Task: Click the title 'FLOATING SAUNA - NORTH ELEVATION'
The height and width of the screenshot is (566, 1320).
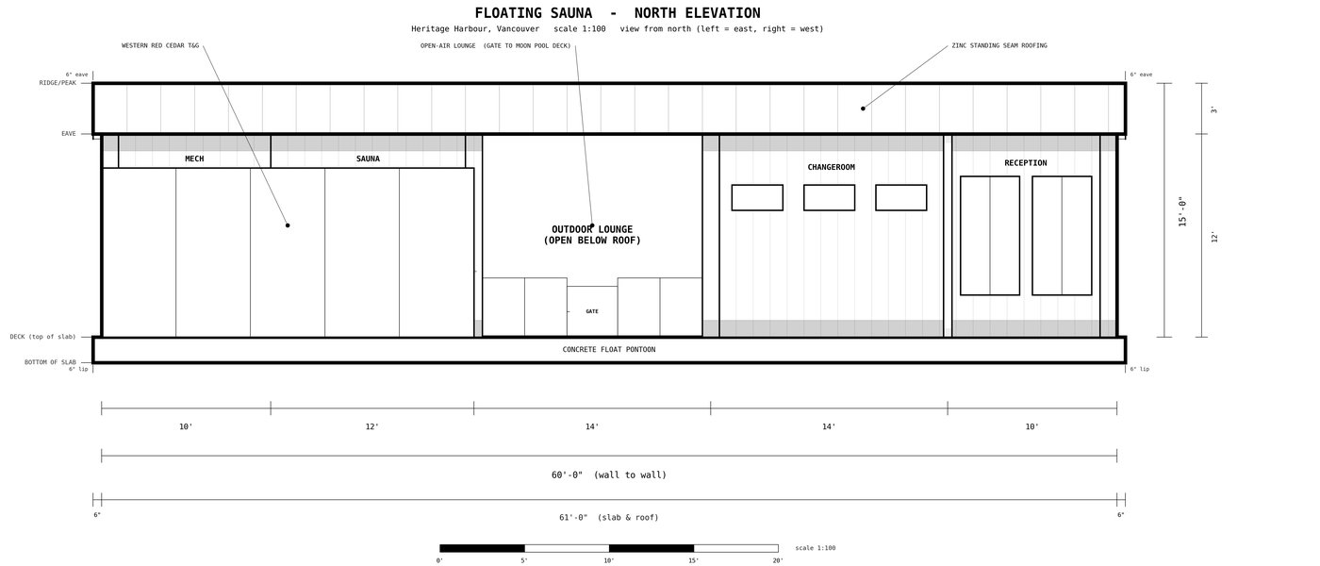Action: click(x=618, y=13)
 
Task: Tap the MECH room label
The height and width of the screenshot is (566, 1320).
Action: click(x=194, y=158)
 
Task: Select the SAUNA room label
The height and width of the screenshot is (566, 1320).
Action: click(x=368, y=158)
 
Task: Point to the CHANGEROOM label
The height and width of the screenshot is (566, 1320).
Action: click(x=831, y=168)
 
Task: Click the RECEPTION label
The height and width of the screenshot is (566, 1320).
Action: click(x=1026, y=163)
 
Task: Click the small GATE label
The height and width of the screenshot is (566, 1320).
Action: click(x=592, y=311)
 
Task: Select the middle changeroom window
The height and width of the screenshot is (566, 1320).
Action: click(x=829, y=197)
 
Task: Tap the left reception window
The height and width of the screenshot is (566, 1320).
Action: click(x=990, y=236)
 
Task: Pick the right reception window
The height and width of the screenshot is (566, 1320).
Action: click(x=1062, y=236)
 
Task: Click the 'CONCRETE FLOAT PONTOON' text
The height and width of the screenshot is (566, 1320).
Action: click(x=609, y=350)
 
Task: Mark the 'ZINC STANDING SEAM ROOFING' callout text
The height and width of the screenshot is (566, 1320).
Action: click(x=999, y=45)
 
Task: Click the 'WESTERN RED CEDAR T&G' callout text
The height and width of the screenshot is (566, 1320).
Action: click(x=160, y=45)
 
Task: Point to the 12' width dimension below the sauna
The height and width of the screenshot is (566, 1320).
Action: click(x=371, y=426)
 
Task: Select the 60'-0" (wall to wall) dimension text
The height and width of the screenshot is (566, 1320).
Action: click(x=609, y=474)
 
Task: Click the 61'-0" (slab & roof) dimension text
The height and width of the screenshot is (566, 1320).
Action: click(x=609, y=518)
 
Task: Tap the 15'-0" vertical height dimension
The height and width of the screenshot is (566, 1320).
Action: click(x=1182, y=211)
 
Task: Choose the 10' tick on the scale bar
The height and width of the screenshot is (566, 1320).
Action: click(x=609, y=560)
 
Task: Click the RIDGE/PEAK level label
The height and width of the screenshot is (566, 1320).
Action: click(x=58, y=83)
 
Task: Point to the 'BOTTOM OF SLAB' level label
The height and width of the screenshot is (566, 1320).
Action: click(x=50, y=362)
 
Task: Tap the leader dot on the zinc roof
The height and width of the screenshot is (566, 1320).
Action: click(x=863, y=108)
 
